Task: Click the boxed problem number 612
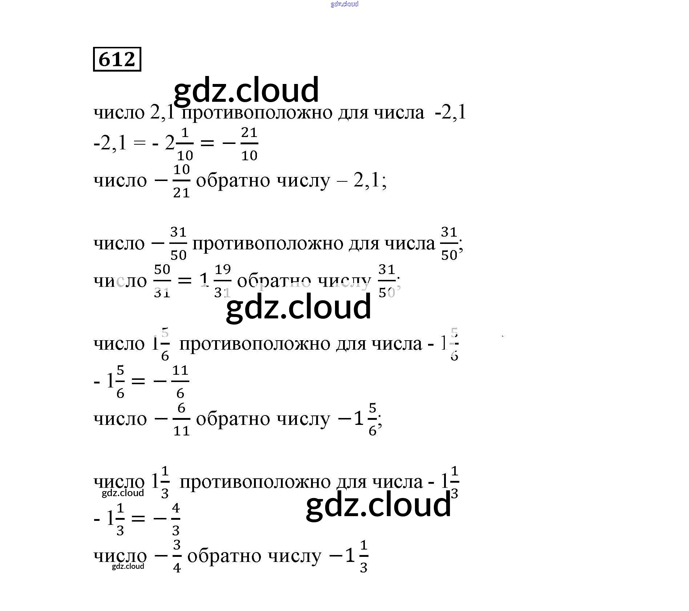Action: tap(117, 59)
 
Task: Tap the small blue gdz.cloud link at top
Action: tap(344, 4)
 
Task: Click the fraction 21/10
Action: tap(249, 144)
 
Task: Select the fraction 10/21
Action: tap(181, 181)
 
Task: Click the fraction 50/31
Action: tap(162, 281)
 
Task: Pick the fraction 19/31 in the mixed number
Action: tap(222, 281)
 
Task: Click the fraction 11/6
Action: tap(180, 382)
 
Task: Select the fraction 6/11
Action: tap(181, 419)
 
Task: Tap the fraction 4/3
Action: tap(176, 519)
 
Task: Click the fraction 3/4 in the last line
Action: tap(177, 556)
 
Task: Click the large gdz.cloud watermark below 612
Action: tap(246, 90)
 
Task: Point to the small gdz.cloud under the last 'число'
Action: tap(128, 566)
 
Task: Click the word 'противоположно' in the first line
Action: tap(257, 113)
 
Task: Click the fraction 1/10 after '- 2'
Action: tap(185, 144)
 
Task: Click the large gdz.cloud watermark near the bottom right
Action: tap(378, 505)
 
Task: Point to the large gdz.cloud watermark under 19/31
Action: tap(298, 307)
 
